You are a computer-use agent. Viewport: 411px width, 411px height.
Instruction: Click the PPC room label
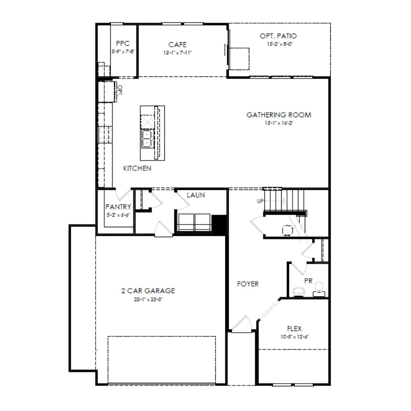click(x=123, y=43)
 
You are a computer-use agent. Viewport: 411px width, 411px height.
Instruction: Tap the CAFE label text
click(x=177, y=45)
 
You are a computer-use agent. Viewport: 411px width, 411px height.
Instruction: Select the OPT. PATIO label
click(x=278, y=36)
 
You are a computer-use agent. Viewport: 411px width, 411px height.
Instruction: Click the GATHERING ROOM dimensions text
click(x=279, y=123)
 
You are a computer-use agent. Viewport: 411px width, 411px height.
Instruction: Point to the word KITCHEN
click(x=137, y=168)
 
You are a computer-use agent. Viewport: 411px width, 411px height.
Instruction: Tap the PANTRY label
click(x=118, y=207)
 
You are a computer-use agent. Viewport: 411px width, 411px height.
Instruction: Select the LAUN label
click(x=196, y=195)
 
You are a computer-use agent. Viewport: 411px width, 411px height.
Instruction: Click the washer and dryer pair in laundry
click(x=194, y=223)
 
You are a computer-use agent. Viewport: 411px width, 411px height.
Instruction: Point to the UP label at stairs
click(x=260, y=201)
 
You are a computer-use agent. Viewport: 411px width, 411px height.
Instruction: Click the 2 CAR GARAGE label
click(x=148, y=291)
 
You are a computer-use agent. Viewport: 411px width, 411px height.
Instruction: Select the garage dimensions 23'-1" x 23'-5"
click(x=148, y=299)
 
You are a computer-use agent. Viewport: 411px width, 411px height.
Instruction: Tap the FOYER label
click(x=248, y=284)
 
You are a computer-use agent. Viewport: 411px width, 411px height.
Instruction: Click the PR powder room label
click(x=308, y=280)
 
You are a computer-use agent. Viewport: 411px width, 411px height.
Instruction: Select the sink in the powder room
click(x=299, y=292)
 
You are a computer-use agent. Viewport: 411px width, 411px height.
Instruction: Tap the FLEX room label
click(x=295, y=328)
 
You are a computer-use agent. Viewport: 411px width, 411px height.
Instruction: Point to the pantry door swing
click(x=124, y=194)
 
